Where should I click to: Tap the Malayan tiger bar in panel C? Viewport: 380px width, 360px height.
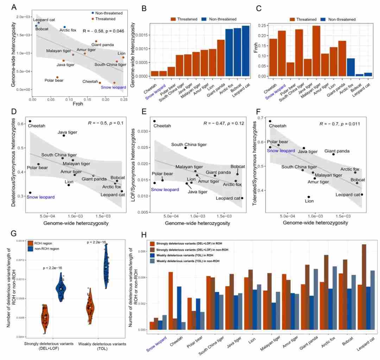tap(316, 51)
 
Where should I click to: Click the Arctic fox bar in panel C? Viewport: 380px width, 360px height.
tap(351, 67)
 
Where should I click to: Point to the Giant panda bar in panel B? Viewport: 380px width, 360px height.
tap(221, 58)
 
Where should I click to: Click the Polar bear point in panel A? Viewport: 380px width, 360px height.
tap(57, 77)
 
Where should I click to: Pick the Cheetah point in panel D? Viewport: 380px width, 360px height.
tap(30, 121)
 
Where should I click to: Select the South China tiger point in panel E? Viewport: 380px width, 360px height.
tap(185, 148)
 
